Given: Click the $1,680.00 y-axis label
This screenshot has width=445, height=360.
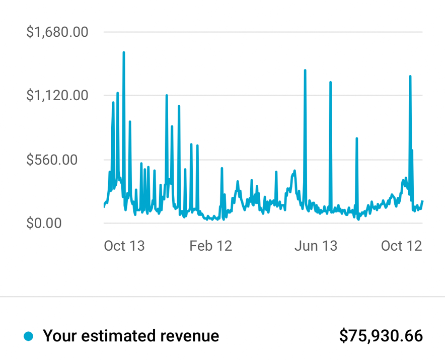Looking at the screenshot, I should click(57, 32).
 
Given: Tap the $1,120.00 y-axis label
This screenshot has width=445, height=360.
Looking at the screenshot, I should click(57, 95).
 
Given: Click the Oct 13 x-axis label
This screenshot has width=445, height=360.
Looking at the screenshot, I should click(124, 246).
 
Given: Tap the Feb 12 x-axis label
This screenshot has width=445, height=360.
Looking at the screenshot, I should click(210, 246).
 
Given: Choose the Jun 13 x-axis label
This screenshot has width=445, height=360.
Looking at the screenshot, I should click(316, 246).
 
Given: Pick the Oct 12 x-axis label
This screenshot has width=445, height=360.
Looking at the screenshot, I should click(401, 246).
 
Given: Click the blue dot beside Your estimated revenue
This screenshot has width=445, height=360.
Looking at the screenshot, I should click(29, 336).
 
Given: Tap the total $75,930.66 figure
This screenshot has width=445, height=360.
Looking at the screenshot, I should click(381, 336).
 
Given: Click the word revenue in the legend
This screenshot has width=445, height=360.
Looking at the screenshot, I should click(190, 336).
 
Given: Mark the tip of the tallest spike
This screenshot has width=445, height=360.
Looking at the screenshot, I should click(123, 52).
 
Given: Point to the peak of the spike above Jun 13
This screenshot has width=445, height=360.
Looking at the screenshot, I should click(305, 70).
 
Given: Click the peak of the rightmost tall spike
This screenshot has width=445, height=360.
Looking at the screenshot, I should click(410, 77).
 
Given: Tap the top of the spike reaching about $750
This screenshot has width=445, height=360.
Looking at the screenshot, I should click(356, 138).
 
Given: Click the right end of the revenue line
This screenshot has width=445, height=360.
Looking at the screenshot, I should click(422, 201).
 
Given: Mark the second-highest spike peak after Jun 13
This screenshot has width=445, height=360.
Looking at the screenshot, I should click(330, 82).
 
